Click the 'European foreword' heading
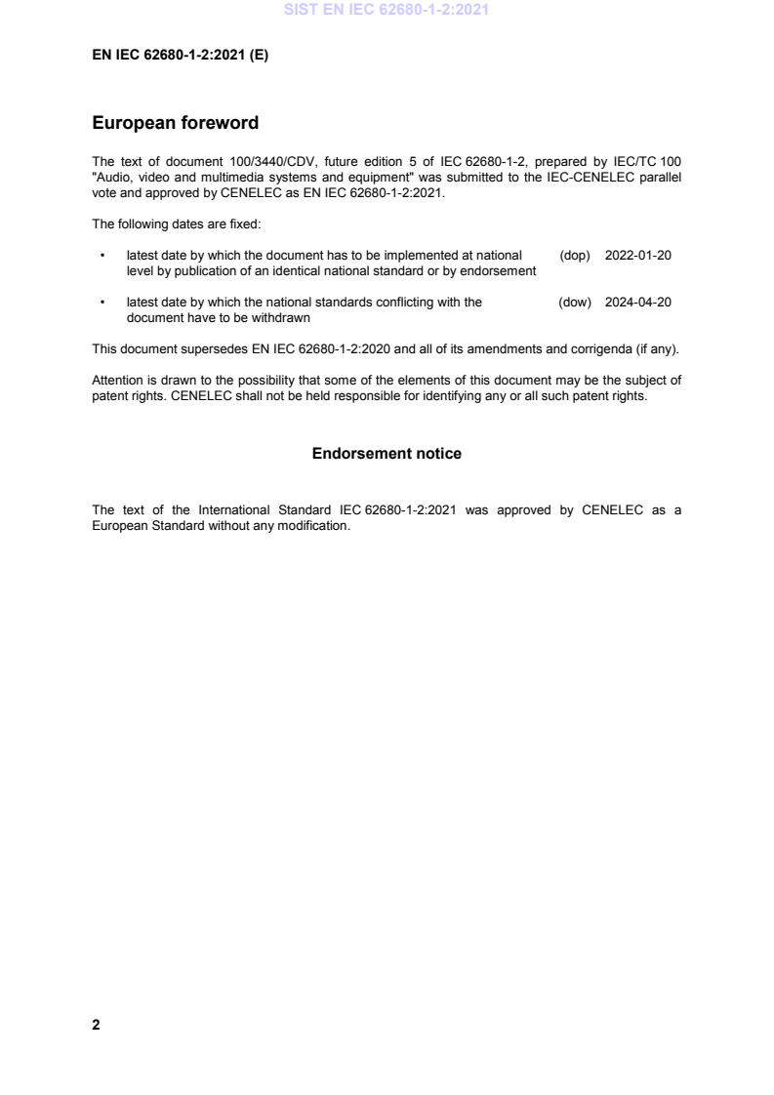click(175, 124)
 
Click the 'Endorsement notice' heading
click(387, 454)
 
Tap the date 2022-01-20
click(637, 256)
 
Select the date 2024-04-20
click(637, 303)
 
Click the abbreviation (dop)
click(575, 256)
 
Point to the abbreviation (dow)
click(575, 303)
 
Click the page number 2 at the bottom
click(96, 1025)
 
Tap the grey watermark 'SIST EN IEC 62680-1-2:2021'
click(387, 11)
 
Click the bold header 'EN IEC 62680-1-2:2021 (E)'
click(180, 56)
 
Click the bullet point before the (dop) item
click(102, 256)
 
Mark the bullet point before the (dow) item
click(102, 303)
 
